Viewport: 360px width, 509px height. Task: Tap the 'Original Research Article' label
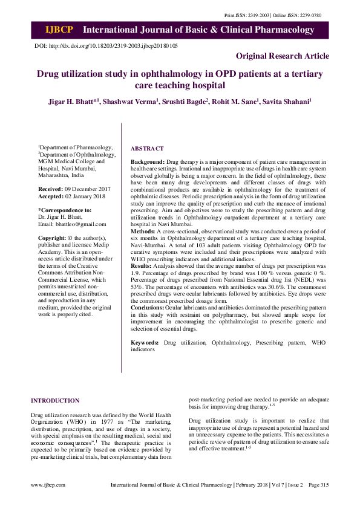[283, 56]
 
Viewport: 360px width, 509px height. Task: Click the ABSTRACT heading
[147, 149]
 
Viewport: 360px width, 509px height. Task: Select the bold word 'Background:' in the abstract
[148, 163]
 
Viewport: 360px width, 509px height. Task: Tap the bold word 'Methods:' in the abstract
[143, 232]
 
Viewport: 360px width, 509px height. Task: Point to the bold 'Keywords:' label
[144, 343]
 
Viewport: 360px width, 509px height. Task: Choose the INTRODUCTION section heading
[55, 401]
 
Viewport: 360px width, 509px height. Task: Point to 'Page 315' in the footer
[318, 485]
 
